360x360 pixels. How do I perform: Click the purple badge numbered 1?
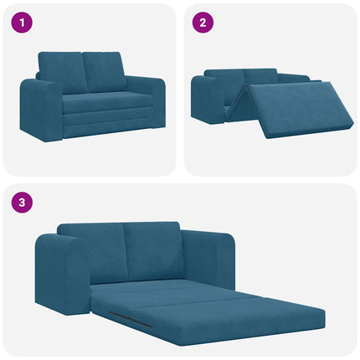(x=21, y=23)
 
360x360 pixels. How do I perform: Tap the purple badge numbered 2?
(x=201, y=23)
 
